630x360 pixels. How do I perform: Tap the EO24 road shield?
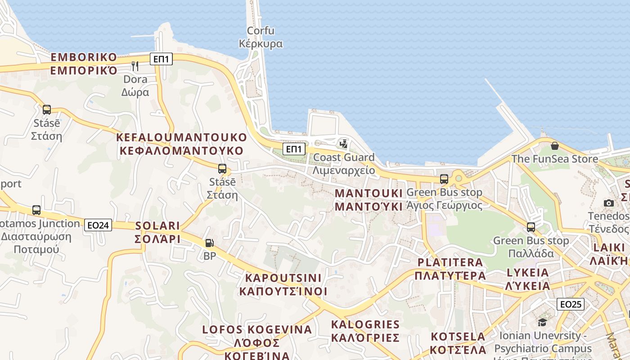[x=98, y=225]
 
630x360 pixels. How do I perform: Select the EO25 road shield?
[x=571, y=304]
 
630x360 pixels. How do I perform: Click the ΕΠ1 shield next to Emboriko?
[x=161, y=58]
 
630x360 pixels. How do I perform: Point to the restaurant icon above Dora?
[x=135, y=66]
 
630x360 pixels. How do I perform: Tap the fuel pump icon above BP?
[x=209, y=243]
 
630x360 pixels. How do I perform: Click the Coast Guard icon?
[x=344, y=144]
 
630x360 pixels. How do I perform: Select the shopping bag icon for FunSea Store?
[x=555, y=146]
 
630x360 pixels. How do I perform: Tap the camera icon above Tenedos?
[x=609, y=203]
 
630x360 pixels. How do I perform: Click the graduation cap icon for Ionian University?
[x=542, y=322]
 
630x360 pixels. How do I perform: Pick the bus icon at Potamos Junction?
[x=36, y=210]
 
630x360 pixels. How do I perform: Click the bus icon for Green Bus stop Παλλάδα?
[x=531, y=227]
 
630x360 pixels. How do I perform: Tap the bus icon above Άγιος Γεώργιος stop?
[x=444, y=179]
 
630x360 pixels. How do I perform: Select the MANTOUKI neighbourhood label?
[x=369, y=200]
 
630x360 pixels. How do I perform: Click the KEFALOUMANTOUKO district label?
[x=182, y=144]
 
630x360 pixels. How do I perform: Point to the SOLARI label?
[x=157, y=232]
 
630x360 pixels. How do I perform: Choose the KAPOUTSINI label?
[x=283, y=284]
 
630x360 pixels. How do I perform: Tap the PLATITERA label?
[x=450, y=269]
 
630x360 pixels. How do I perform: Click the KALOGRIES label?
[x=365, y=331]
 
